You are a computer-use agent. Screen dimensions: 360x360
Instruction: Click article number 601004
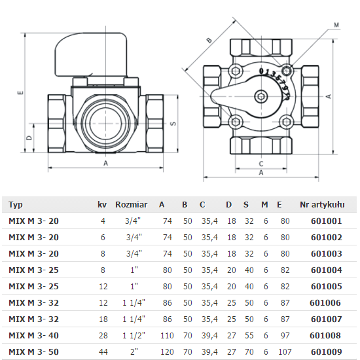pos(326,270)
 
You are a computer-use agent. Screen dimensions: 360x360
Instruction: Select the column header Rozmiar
pos(131,205)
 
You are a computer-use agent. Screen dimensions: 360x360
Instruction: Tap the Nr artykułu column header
pos(322,205)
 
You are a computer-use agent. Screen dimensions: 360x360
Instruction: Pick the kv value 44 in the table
pos(103,351)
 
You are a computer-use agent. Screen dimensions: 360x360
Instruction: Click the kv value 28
pos(103,335)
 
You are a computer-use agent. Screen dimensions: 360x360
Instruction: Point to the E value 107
pos(284,351)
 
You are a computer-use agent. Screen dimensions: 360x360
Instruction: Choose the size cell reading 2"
pos(134,351)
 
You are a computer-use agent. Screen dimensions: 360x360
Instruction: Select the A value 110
pos(167,335)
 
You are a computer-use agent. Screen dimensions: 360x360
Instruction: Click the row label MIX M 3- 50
pos(34,351)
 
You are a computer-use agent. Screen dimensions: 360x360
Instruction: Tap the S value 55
pos(249,335)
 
